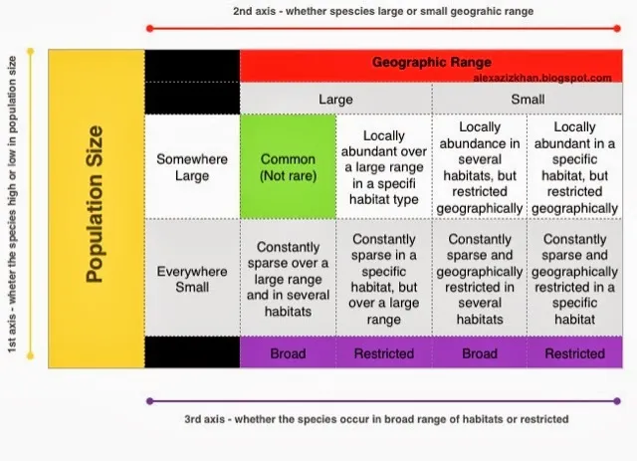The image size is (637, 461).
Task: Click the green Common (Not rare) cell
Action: [x=288, y=166]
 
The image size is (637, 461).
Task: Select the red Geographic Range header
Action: [x=431, y=62]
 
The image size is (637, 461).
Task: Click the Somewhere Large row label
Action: [x=192, y=166]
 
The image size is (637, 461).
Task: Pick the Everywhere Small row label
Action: [x=192, y=279]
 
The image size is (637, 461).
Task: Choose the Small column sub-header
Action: [x=527, y=100]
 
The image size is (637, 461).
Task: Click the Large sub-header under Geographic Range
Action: [x=335, y=100]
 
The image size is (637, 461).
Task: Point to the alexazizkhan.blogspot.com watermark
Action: [x=542, y=77]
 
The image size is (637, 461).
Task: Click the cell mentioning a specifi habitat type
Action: [x=383, y=166]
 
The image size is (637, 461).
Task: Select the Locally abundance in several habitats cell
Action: [x=479, y=166]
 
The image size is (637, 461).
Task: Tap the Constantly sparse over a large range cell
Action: [x=288, y=279]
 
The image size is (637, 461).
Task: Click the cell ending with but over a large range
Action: [x=383, y=279]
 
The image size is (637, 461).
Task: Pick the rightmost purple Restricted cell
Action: [x=574, y=352]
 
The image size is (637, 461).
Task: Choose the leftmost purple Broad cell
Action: [x=288, y=352]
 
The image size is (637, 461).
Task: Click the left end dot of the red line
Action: [x=149, y=28]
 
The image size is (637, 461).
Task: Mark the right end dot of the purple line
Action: [x=621, y=401]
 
